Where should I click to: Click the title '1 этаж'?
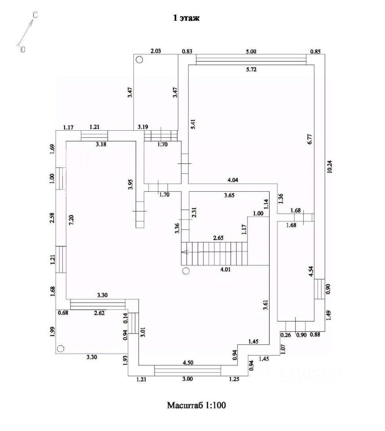(186, 18)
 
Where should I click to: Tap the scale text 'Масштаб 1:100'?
(196, 405)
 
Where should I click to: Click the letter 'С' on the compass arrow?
(35, 15)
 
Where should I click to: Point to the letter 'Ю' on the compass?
(23, 49)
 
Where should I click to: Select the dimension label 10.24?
(330, 167)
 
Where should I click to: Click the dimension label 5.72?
(251, 70)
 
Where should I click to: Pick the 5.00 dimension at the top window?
(251, 51)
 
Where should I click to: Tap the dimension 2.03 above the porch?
(155, 51)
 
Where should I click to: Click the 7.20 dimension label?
(71, 220)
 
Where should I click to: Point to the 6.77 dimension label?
(310, 139)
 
